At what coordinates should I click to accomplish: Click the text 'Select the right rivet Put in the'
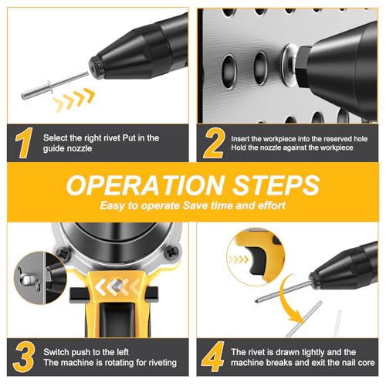click(101, 137)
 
